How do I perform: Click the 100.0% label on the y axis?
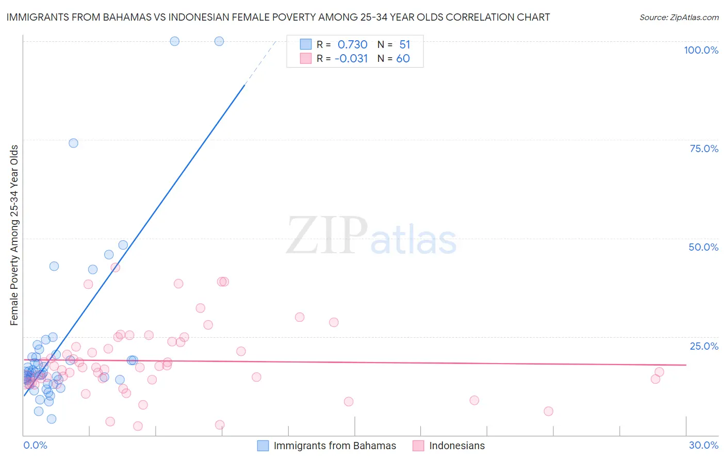coord(701,50)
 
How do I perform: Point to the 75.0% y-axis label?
coord(704,149)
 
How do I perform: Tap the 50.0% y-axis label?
coord(703,247)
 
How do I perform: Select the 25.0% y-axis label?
coord(704,346)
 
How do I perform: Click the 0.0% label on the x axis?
coord(35,445)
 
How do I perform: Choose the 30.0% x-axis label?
coord(703,445)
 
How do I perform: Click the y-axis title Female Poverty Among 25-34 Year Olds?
coord(14,235)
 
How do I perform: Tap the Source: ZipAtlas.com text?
coord(679,17)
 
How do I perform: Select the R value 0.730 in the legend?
coord(352,44)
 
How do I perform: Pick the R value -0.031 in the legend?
coord(351,58)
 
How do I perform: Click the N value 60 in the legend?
coord(403,58)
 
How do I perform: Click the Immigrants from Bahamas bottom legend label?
coord(335,446)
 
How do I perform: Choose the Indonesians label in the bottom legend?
coord(457,446)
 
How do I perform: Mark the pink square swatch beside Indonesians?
coord(418,446)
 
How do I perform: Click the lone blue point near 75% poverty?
coord(73,143)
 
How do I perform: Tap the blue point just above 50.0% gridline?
coord(123,245)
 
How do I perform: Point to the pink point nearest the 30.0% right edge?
coord(659,372)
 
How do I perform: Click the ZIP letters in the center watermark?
coord(326,236)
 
